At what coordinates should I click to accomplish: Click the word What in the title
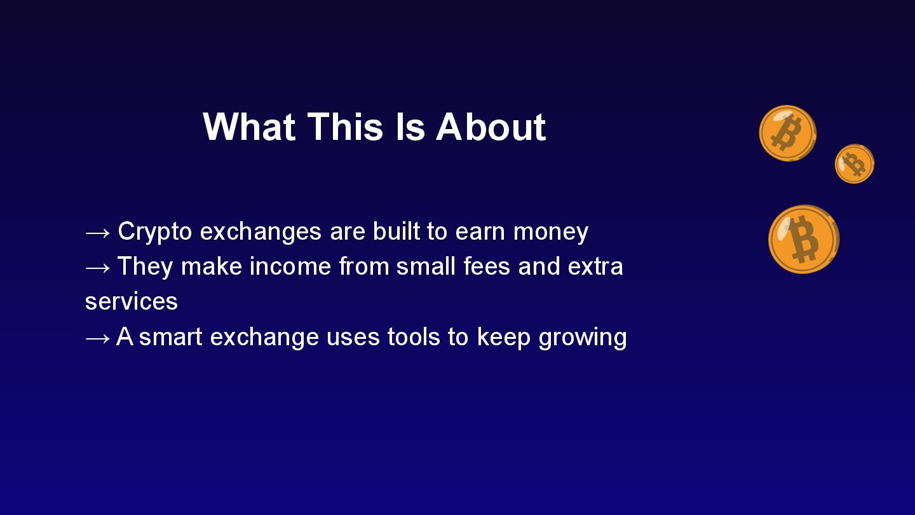point(249,127)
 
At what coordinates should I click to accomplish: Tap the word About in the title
point(491,127)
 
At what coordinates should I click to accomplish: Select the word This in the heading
point(345,127)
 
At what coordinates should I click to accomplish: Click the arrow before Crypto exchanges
point(98,233)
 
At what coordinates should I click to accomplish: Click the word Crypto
point(155,232)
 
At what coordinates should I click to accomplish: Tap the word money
point(551,232)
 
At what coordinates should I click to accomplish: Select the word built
point(396,231)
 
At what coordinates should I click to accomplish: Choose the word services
point(132,301)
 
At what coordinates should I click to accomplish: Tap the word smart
point(171,338)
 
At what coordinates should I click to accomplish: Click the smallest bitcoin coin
point(855,164)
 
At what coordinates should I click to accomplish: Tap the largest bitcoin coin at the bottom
point(804,239)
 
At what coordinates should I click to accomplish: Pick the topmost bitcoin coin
point(787,134)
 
